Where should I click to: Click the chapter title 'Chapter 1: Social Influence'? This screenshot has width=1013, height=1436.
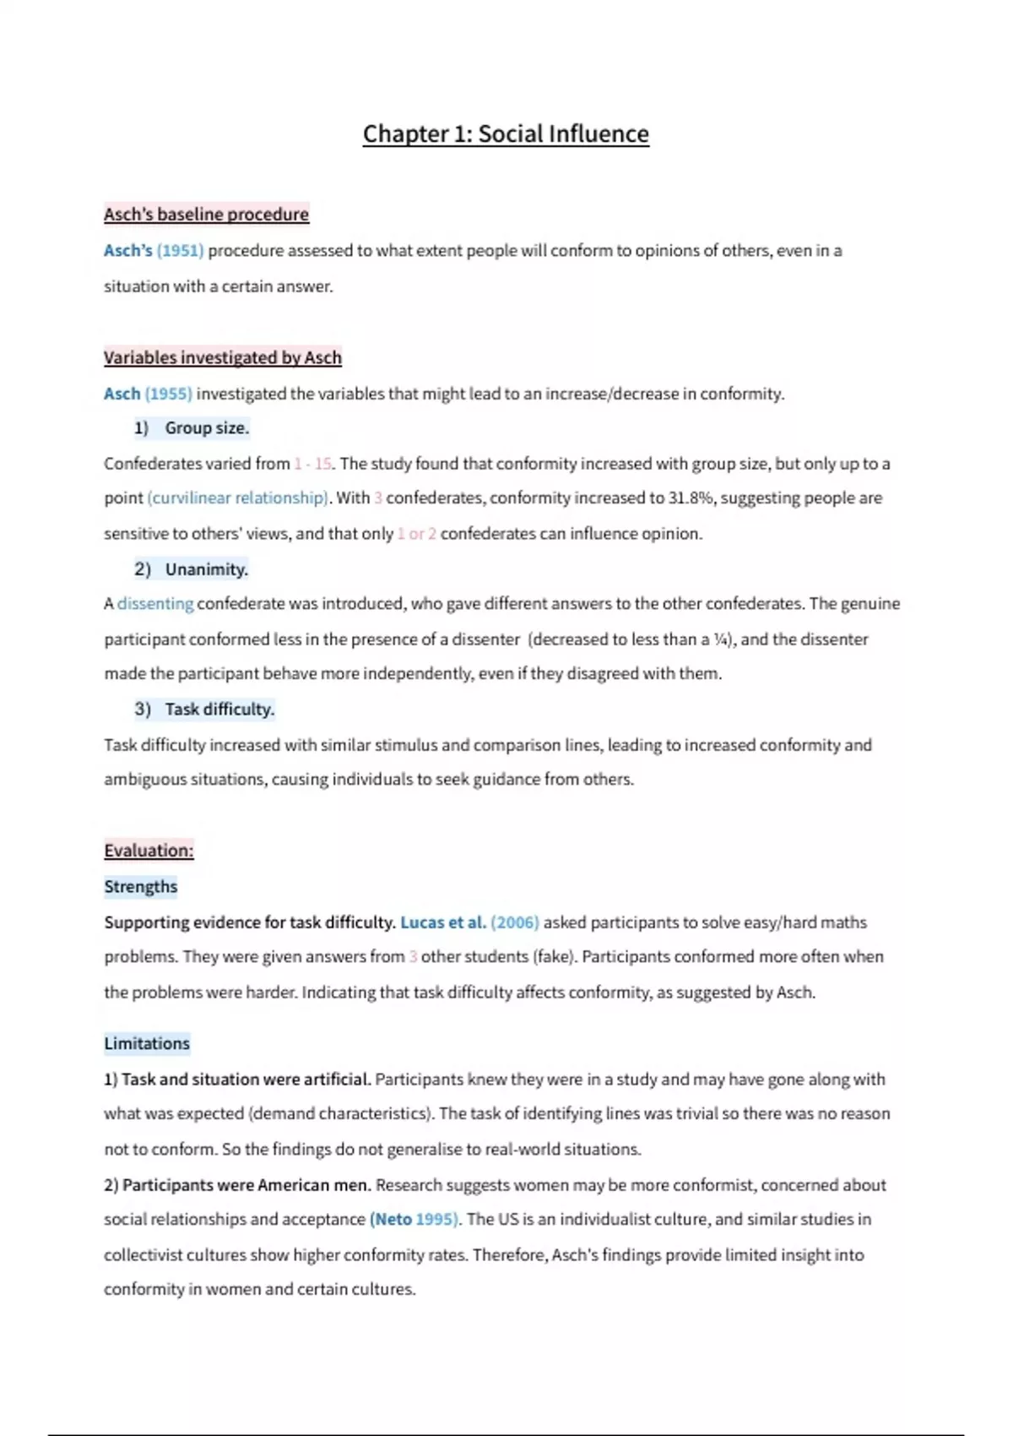(506, 134)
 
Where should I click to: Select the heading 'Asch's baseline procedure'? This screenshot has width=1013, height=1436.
(206, 215)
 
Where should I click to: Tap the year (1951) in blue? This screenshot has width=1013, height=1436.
(180, 251)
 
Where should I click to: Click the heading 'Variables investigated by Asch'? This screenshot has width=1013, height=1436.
(222, 357)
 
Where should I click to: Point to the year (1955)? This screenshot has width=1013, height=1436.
(169, 394)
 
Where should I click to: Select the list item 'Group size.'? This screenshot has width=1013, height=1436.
(207, 428)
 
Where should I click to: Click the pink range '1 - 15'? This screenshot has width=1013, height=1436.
(312, 464)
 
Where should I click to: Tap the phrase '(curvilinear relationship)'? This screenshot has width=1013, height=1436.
(238, 498)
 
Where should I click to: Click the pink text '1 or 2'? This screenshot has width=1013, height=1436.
(416, 534)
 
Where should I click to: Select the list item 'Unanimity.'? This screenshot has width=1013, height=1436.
(206, 569)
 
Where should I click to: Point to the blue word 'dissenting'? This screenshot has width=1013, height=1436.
(155, 604)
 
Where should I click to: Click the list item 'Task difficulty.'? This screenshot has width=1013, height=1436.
(219, 710)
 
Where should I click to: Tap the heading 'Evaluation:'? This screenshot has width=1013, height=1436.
(149, 851)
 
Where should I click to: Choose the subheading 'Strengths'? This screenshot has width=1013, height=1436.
(141, 887)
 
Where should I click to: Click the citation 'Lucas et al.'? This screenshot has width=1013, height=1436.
(442, 922)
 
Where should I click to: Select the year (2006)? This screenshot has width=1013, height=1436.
(515, 922)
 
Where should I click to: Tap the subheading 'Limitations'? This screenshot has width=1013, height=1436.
(147, 1044)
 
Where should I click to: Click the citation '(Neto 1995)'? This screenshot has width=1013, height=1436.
(414, 1220)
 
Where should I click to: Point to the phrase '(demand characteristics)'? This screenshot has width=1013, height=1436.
(340, 1114)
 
